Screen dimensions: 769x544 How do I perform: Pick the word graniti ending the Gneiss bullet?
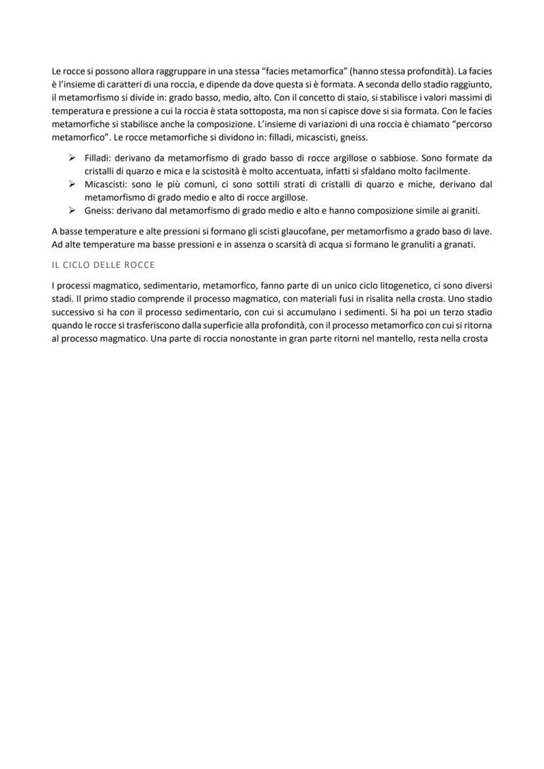click(466, 211)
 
